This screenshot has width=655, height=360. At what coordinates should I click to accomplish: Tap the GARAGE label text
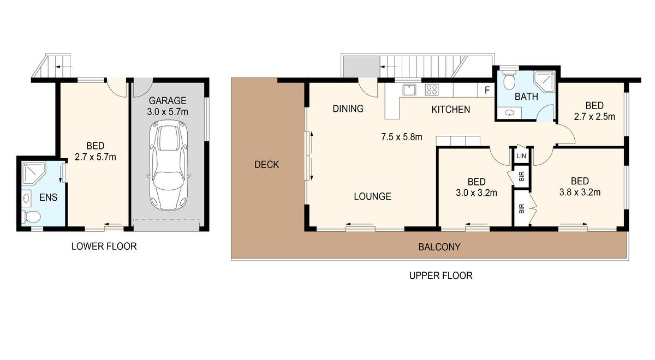169,100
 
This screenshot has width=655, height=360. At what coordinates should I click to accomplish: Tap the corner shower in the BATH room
544,82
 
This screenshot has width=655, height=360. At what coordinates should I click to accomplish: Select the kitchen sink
409,90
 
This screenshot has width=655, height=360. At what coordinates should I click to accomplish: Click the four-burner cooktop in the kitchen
432,90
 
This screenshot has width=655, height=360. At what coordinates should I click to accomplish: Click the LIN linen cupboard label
521,156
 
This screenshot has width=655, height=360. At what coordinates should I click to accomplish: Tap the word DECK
267,164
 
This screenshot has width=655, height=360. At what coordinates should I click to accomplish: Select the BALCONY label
439,247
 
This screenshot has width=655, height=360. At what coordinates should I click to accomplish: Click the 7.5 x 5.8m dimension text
401,137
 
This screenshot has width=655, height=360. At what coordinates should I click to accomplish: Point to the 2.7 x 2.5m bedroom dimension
594,117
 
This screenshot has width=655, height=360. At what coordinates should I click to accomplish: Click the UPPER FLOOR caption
440,276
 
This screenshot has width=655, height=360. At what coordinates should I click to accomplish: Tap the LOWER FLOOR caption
104,247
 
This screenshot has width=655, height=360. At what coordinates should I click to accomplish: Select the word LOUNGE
372,196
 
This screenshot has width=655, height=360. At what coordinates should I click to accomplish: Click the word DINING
348,109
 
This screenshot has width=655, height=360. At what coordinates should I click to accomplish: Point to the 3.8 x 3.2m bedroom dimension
579,192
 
